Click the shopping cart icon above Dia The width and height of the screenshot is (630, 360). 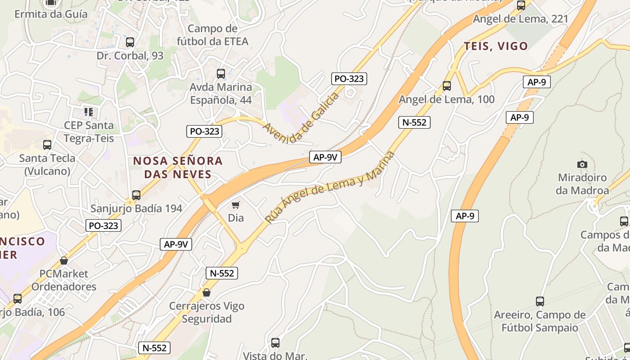(235, 205)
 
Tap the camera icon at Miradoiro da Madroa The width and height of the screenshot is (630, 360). (582, 164)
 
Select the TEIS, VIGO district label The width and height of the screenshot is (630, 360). (495, 46)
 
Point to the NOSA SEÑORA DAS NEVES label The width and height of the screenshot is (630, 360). (178, 167)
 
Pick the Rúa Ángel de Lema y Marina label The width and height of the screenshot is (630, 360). (330, 187)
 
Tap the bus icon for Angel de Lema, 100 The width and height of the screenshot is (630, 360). (447, 85)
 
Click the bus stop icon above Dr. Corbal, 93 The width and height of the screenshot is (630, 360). (130, 42)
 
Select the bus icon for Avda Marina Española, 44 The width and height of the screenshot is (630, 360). (221, 73)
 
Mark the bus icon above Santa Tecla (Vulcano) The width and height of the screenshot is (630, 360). (47, 145)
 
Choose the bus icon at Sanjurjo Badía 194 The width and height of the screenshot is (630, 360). (136, 195)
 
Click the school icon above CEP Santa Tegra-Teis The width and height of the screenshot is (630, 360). (89, 112)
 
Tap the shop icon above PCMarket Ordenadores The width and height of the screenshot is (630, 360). (64, 261)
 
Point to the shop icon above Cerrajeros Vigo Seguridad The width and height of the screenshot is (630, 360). (207, 292)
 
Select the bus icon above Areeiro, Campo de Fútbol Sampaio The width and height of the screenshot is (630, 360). (540, 301)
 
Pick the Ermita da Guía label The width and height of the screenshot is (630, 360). (51, 14)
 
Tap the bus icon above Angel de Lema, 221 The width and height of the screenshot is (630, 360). (521, 5)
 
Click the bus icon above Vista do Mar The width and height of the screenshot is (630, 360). (275, 343)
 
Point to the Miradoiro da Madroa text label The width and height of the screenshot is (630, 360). (582, 184)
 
